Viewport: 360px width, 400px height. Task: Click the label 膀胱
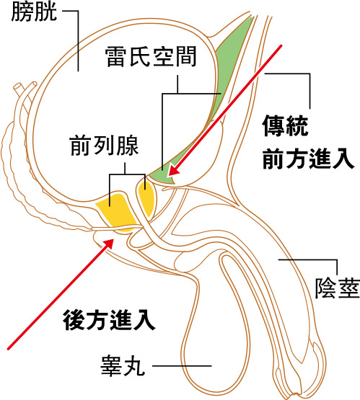[34, 12]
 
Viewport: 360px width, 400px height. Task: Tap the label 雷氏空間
[151, 56]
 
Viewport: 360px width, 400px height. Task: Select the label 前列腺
[104, 146]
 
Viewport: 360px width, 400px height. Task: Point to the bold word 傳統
[285, 125]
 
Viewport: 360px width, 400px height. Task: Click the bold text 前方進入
[309, 159]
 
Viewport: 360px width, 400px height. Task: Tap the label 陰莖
[338, 288]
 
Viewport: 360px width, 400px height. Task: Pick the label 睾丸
[123, 366]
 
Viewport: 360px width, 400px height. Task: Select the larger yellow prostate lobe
[116, 212]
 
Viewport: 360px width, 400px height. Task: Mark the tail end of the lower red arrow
[9, 349]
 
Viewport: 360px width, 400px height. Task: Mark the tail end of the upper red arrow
[281, 46]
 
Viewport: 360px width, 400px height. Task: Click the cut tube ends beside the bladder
[25, 86]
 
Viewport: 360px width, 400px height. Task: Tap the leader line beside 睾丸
[182, 366]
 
